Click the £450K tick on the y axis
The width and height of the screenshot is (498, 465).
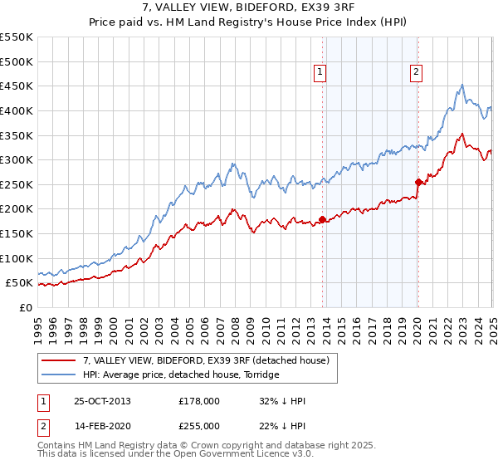[17, 86]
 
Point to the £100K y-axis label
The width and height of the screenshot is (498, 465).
[17, 258]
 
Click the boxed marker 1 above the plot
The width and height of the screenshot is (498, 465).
[321, 72]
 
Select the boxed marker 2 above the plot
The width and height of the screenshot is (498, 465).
[415, 72]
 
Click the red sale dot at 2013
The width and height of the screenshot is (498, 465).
[322, 220]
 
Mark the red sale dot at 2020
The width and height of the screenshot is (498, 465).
[417, 182]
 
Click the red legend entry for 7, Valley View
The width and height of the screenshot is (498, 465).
[207, 360]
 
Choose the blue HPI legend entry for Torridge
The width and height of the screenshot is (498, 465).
[181, 374]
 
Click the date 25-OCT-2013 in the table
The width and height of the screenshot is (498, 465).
[102, 401]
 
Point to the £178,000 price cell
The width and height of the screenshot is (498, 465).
[199, 401]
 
